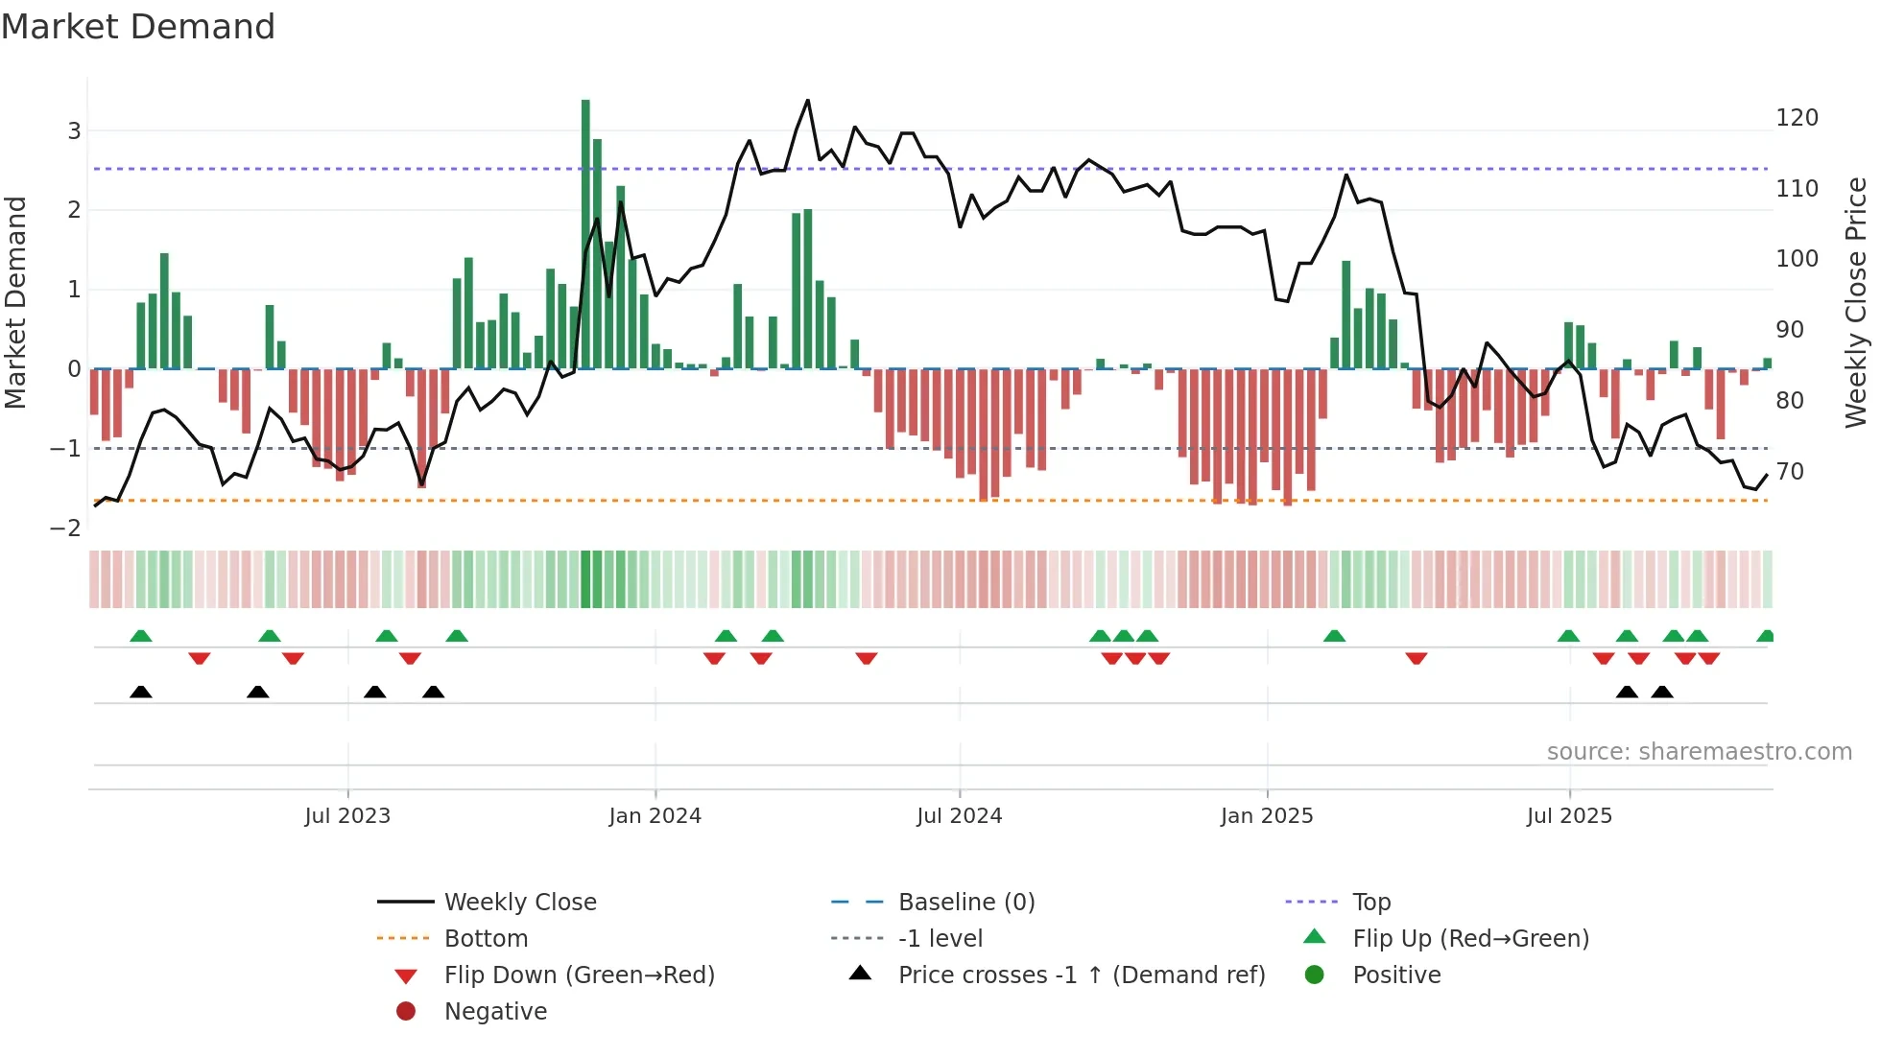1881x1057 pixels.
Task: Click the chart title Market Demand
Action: (x=138, y=27)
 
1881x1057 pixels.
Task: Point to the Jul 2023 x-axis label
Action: (x=347, y=816)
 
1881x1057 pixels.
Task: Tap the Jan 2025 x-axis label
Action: (x=1267, y=816)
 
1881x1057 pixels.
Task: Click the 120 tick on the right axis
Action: (x=1797, y=118)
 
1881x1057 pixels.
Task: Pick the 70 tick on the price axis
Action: (x=1790, y=472)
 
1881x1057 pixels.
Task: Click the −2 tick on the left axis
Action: (x=65, y=528)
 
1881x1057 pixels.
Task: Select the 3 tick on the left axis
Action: (x=74, y=131)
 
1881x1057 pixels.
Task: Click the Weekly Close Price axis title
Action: (x=1856, y=302)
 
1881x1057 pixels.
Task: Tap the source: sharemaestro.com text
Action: (x=1699, y=752)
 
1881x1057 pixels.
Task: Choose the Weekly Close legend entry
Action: (x=519, y=903)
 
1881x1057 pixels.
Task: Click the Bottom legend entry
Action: (x=486, y=939)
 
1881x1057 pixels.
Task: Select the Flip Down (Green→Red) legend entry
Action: (x=579, y=975)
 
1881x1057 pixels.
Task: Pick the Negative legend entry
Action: (x=495, y=1012)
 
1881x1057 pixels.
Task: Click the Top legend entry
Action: (x=1370, y=903)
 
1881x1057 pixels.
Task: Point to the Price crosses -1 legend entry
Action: (x=1081, y=975)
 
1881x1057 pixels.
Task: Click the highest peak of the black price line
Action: (x=807, y=101)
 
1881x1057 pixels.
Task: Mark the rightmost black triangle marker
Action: (x=1662, y=692)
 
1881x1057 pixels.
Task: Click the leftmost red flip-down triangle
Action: (x=200, y=658)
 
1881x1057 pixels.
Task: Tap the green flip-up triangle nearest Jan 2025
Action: (x=1334, y=636)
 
